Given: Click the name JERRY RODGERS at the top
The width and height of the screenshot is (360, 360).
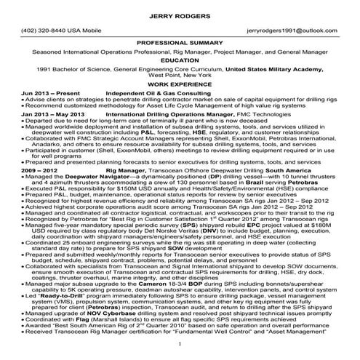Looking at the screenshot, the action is point(180,15).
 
